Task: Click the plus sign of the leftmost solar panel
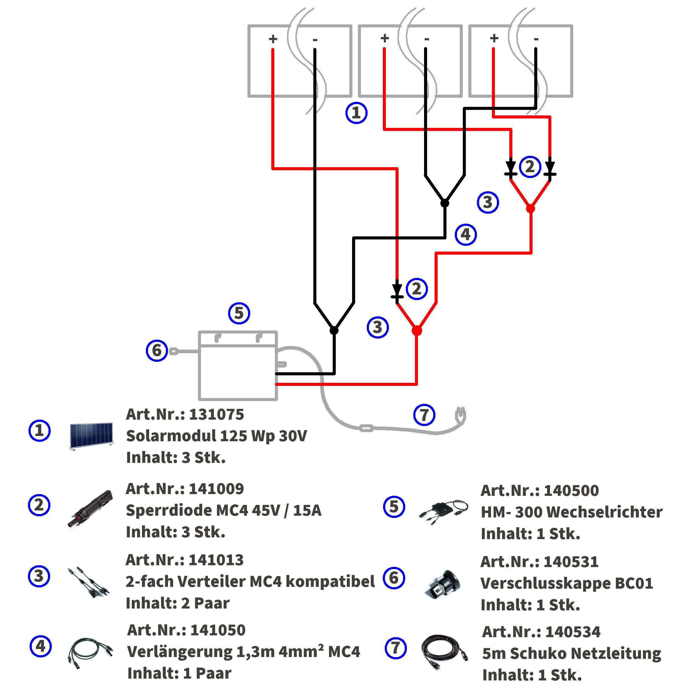273,39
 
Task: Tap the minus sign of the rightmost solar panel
536,39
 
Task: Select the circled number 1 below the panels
356,113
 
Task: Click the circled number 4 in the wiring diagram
466,235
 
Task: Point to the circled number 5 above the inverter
239,313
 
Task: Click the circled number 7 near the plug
424,415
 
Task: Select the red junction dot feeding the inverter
417,330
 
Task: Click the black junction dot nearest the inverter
334,330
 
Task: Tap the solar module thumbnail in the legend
91,436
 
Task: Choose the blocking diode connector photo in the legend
90,508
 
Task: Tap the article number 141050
218,630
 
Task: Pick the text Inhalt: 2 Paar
178,603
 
